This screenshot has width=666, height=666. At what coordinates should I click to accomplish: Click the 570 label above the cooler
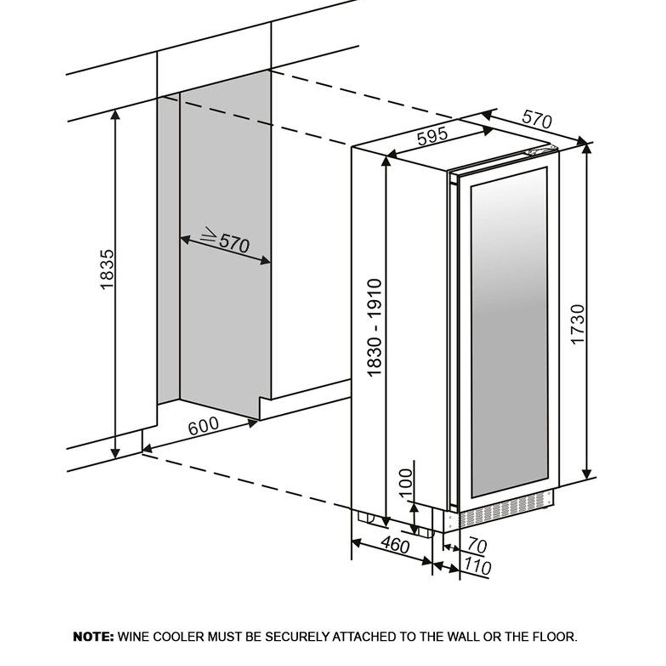[x=537, y=120]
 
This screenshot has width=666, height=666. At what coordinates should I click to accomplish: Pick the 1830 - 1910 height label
[x=375, y=327]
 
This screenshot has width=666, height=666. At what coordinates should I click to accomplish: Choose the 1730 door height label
[x=578, y=324]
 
